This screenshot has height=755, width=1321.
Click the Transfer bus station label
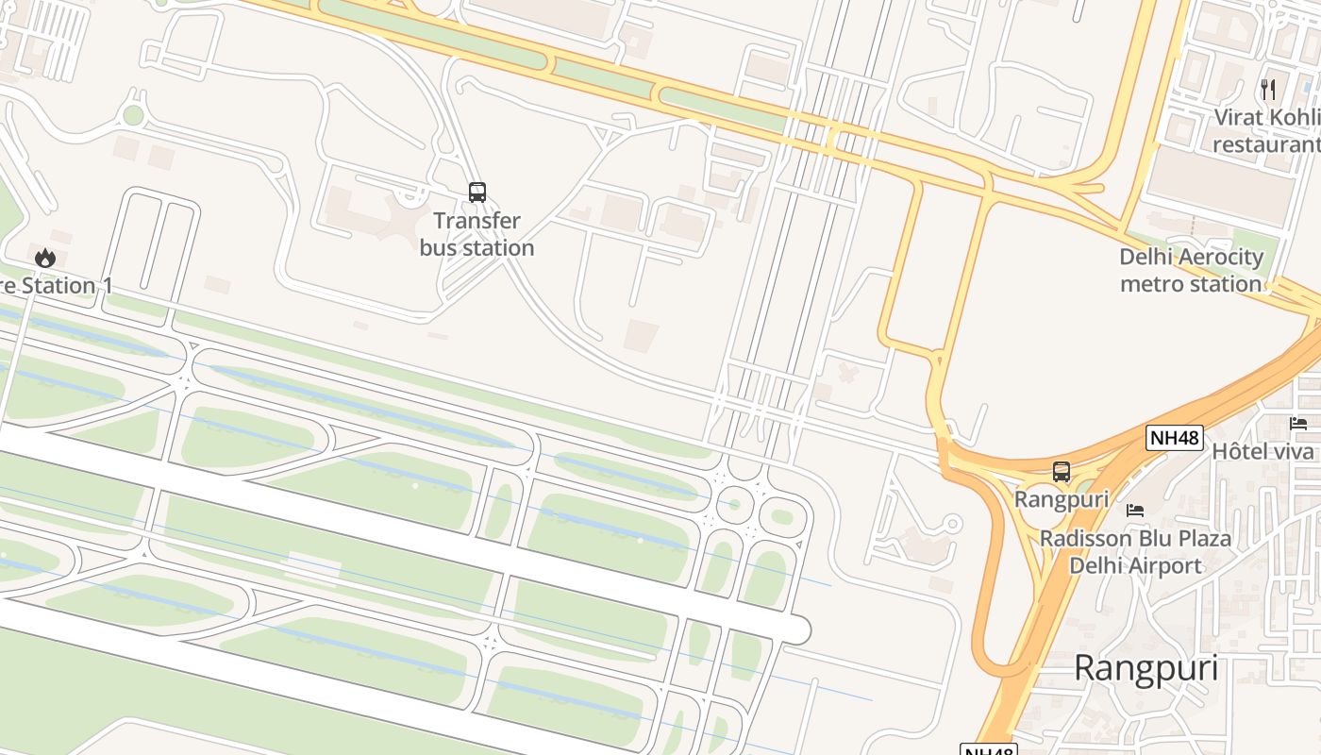pos(477,234)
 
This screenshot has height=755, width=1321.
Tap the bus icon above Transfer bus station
pos(477,193)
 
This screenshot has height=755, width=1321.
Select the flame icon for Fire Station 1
pos(45,258)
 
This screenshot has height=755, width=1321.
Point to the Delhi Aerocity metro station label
pos(1191,270)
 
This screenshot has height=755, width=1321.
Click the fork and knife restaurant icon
pos(1268,90)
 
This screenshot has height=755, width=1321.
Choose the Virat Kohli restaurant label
pos(1265,131)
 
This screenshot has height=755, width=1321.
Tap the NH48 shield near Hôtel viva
pos(1175,438)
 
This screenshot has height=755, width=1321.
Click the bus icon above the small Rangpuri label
pos(1062,471)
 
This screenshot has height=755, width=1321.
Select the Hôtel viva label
pos(1262,451)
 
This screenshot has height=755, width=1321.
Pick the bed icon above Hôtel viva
pos(1298,424)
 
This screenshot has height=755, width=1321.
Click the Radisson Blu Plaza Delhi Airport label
pos(1135,552)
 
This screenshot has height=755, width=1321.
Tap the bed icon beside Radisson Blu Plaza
pos(1135,510)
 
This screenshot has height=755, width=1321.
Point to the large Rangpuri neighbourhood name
pos(1145,669)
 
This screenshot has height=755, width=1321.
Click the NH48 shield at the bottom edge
pos(988,750)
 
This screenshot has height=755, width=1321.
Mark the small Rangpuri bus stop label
pos(1062,498)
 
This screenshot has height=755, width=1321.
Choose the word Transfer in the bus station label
pos(477,221)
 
